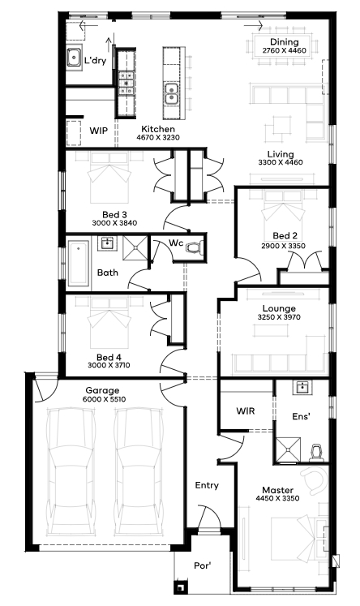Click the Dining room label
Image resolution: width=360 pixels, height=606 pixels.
click(284, 41)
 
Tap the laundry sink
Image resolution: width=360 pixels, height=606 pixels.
click(74, 58)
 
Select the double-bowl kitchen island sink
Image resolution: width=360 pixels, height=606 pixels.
click(171, 93)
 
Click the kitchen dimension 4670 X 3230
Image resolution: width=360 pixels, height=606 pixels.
click(158, 137)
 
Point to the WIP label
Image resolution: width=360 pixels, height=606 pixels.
click(98, 131)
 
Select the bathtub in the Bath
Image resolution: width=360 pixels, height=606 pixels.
click(79, 263)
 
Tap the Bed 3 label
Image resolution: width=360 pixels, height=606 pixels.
click(114, 214)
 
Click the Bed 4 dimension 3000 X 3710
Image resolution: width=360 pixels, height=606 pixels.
click(109, 365)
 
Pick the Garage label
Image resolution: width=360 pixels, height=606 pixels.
click(102, 390)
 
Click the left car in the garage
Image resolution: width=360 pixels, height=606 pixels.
click(71, 472)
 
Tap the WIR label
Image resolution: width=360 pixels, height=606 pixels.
click(246, 410)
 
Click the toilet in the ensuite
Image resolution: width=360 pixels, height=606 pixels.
click(317, 453)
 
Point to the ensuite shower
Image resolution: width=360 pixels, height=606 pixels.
click(288, 450)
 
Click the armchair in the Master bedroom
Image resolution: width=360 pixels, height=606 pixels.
click(315, 480)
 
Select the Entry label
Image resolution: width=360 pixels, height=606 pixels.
click(207, 485)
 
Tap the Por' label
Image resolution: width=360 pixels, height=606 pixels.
click(203, 565)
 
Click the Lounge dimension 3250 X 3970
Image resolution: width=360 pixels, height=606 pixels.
click(279, 317)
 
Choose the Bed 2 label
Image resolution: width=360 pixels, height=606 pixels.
click(285, 236)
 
